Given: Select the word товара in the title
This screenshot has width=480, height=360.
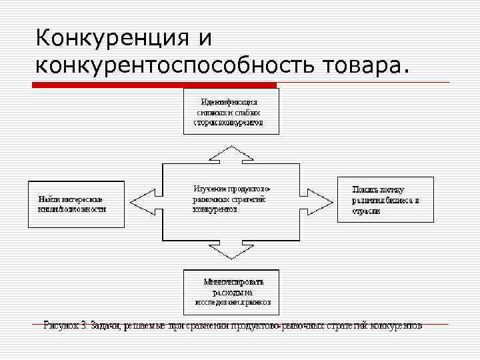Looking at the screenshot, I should click(363, 66).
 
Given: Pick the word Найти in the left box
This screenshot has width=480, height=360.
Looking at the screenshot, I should click(47, 199).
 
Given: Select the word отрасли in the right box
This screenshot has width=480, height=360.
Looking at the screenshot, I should click(367, 211).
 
